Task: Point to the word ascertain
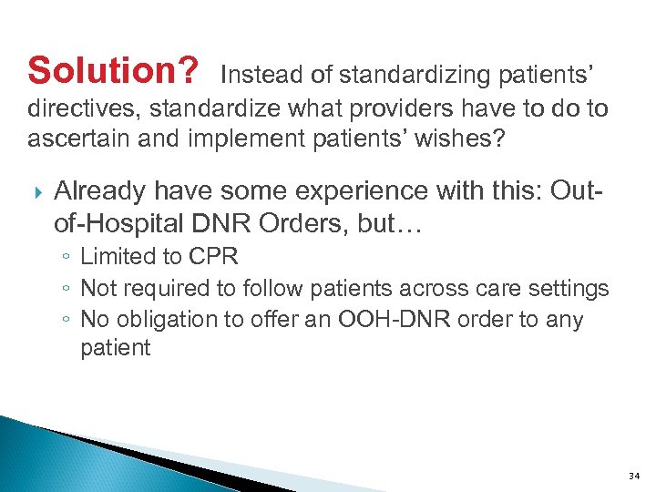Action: (79, 141)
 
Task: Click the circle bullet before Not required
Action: (68, 290)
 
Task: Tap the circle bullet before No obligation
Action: (68, 321)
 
